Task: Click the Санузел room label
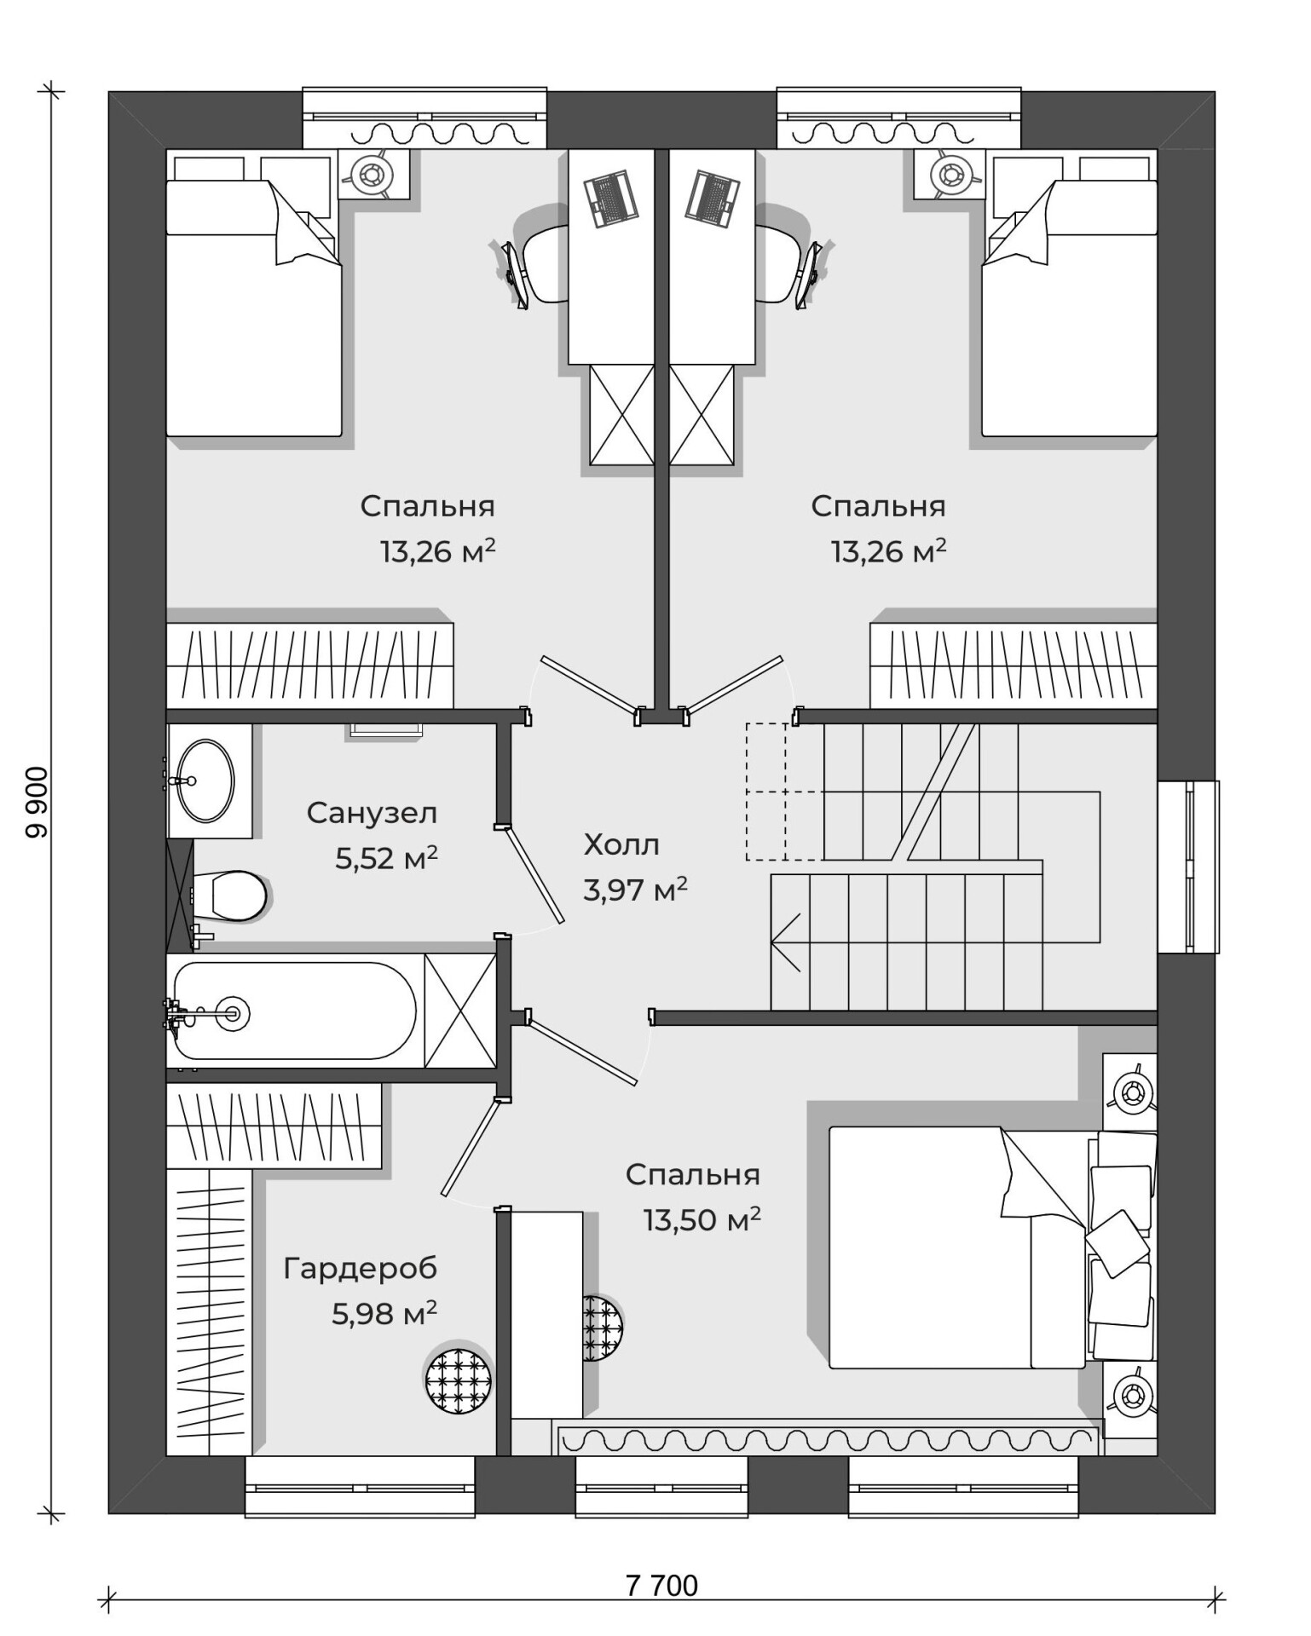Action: [x=372, y=813]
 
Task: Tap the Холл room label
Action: [x=621, y=844]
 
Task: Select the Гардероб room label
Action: [x=361, y=1269]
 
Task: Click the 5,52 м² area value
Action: [x=386, y=857]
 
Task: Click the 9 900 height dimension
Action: [x=37, y=803]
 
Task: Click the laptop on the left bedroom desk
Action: [x=611, y=199]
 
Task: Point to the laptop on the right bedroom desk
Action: [x=711, y=199]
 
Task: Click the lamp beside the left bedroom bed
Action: [x=373, y=175]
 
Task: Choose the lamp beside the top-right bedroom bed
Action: [x=950, y=175]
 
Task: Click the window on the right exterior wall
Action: [x=1188, y=867]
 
